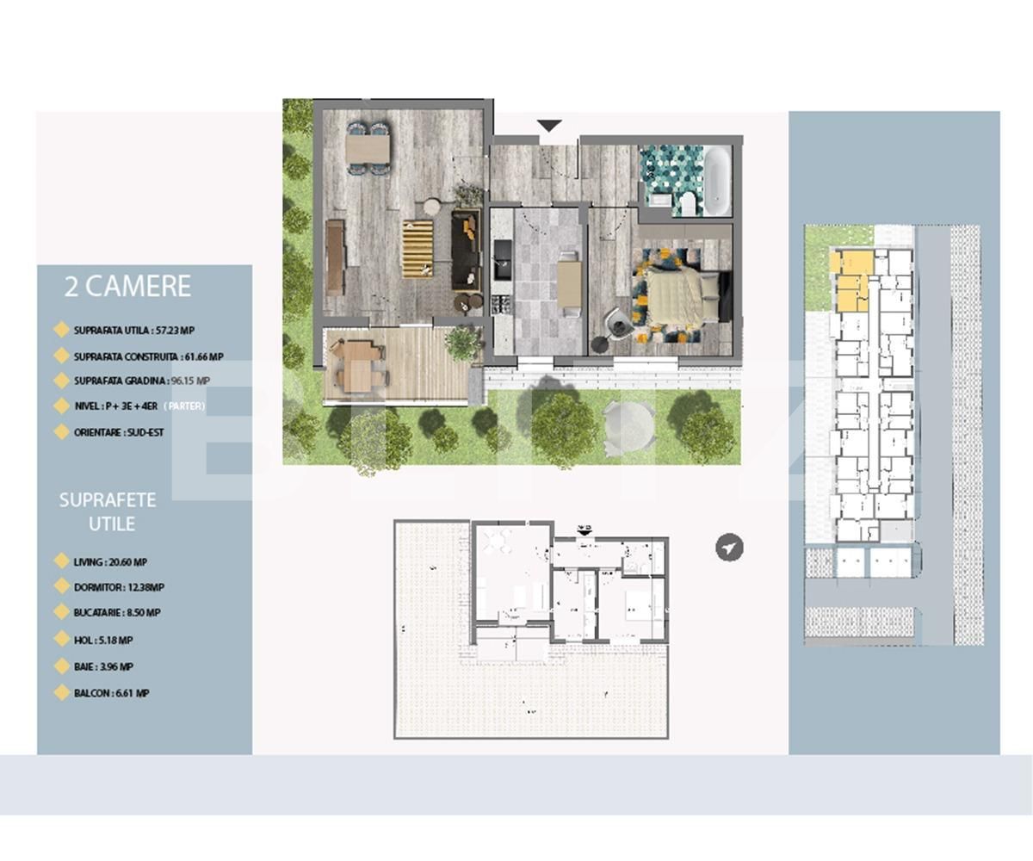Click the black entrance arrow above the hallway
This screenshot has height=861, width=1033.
click(549, 127)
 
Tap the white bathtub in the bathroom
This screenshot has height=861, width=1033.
click(717, 181)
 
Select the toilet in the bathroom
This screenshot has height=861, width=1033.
click(688, 203)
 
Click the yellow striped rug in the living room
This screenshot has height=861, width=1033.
click(418, 248)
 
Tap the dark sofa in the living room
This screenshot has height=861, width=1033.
click(466, 249)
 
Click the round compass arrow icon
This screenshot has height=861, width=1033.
click(729, 548)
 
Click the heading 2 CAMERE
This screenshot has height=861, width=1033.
click(127, 287)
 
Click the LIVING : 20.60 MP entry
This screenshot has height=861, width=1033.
click(110, 562)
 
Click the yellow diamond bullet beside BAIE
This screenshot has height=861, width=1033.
click(61, 666)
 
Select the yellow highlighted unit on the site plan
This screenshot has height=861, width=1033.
click(851, 281)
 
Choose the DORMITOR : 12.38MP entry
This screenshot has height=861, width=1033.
click(119, 587)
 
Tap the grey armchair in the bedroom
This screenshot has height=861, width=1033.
click(617, 321)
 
